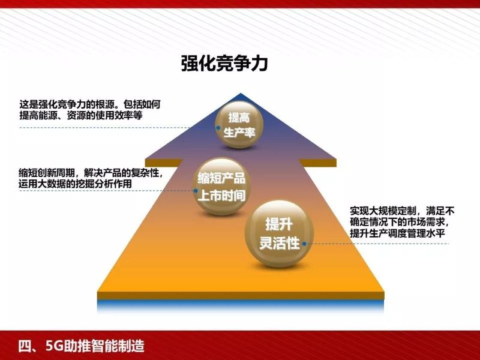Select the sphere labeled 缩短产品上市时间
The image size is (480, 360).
(x=222, y=187)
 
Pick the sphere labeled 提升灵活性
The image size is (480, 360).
(x=278, y=234)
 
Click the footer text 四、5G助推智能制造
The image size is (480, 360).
(x=81, y=346)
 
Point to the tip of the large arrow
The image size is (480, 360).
(x=241, y=95)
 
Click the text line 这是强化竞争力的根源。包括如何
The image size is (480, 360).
(x=89, y=103)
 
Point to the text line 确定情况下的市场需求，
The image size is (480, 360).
(x=398, y=222)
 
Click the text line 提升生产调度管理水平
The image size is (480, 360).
(x=397, y=233)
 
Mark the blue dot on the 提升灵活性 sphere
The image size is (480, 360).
(x=305, y=244)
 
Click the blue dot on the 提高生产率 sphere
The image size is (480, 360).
(x=218, y=127)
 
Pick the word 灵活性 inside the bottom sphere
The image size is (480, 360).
(x=279, y=243)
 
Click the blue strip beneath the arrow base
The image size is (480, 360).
(x=240, y=305)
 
